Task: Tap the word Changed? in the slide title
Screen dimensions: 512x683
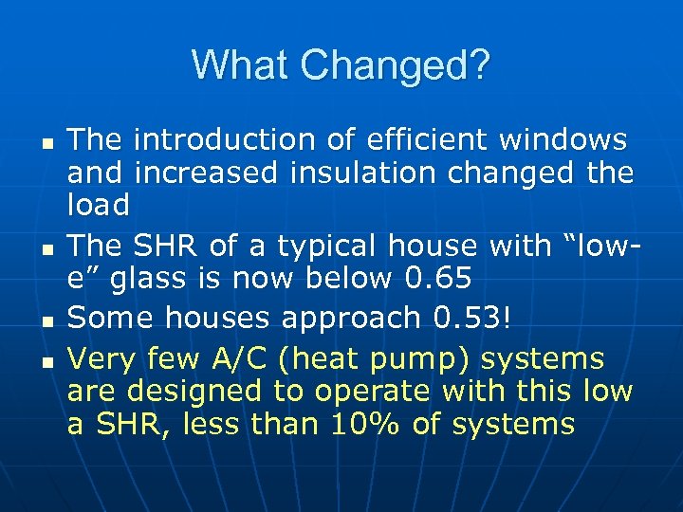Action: tap(393, 66)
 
